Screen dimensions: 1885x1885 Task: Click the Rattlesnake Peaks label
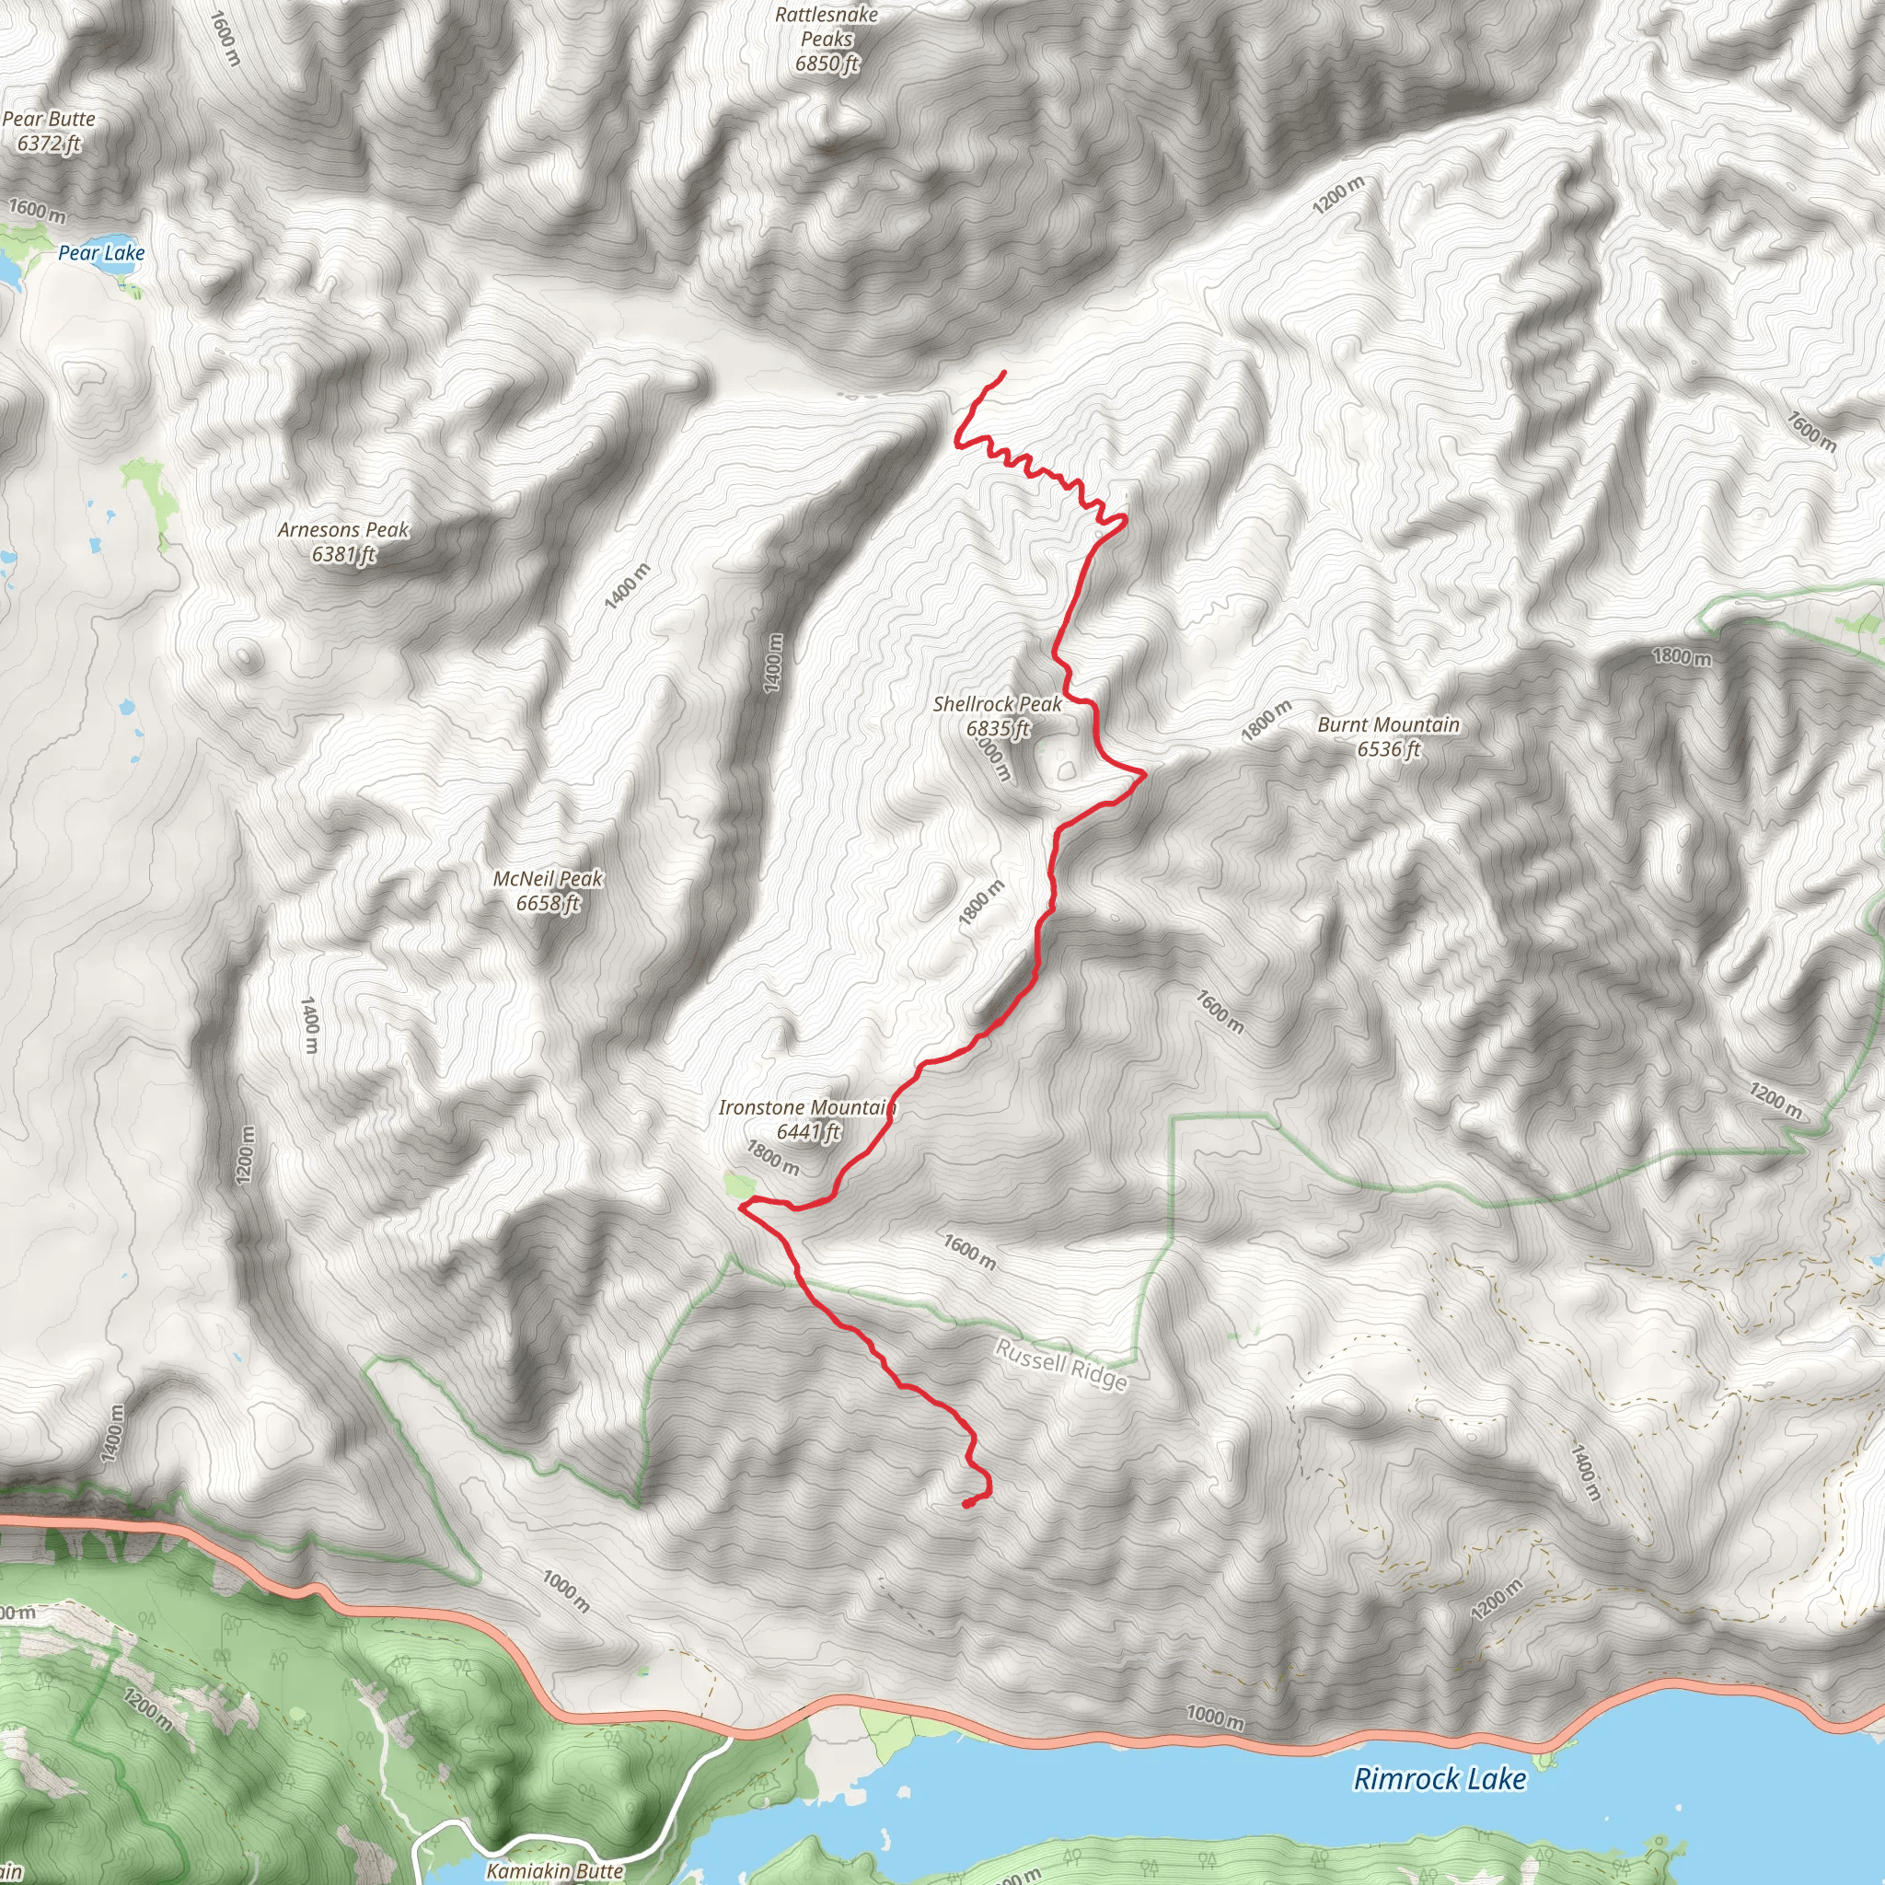tap(827, 28)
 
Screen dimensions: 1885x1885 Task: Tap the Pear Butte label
tap(49, 119)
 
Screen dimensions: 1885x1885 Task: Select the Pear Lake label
tap(101, 253)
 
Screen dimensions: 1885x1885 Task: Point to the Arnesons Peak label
tap(343, 530)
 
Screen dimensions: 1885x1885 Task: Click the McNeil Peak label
tap(549, 879)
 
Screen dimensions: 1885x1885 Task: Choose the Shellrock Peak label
tap(997, 704)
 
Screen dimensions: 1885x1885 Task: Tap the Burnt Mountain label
tap(1388, 725)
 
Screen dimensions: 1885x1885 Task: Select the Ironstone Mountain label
tap(807, 1107)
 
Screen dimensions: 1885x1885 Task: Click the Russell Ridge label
tap(1061, 1365)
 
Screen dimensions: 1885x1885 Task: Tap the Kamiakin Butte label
tap(555, 1870)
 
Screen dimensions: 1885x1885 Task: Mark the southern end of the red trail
tap(966, 1505)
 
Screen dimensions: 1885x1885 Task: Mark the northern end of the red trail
tap(1004, 372)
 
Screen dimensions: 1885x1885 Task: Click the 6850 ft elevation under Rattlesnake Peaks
tap(827, 64)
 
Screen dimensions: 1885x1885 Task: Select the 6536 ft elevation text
tap(1388, 749)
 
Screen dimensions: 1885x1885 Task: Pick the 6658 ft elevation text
tap(549, 904)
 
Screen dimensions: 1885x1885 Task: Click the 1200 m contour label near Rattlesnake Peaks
tap(1337, 195)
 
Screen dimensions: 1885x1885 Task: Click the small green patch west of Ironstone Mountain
tap(740, 1185)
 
